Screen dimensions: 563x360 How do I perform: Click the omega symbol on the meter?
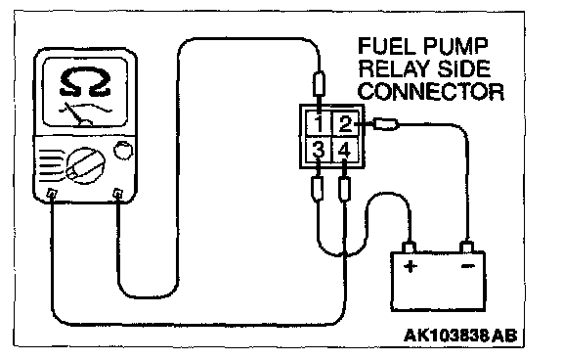click(85, 82)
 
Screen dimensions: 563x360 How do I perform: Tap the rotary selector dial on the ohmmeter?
click(85, 165)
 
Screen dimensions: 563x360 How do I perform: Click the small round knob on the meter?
click(123, 151)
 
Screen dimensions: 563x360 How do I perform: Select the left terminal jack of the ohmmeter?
click(52, 194)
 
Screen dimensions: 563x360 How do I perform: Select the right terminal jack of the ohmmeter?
click(117, 194)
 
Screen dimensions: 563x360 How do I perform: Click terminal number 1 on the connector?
click(319, 124)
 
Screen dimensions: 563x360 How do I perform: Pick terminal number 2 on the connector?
click(345, 124)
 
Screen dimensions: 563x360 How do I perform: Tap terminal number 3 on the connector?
click(318, 150)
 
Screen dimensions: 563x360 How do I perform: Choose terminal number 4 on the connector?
click(344, 151)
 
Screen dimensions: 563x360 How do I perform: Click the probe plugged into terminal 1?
click(320, 84)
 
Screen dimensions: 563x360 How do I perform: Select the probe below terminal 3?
click(318, 189)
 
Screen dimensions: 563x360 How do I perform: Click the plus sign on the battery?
click(411, 267)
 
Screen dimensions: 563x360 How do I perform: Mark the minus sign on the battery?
click(467, 266)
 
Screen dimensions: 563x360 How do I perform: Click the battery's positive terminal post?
click(410, 247)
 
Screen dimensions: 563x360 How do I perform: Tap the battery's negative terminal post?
click(467, 247)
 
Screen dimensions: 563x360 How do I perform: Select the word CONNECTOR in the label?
click(431, 91)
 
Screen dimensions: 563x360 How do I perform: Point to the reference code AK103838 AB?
click(460, 336)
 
